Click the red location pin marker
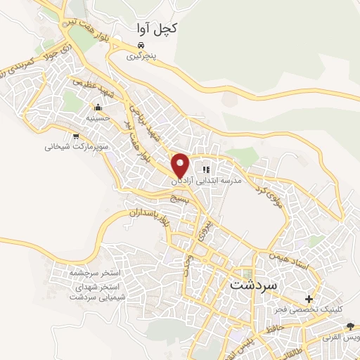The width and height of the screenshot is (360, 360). (181, 164)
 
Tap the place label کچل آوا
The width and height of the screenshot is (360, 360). (155, 28)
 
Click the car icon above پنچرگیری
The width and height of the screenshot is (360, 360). (141, 44)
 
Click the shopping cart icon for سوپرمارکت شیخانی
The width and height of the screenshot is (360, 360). (75, 136)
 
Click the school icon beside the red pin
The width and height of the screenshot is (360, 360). (206, 169)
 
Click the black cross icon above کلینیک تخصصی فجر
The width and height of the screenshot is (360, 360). (309, 299)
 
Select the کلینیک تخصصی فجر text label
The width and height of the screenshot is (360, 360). (309, 309)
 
